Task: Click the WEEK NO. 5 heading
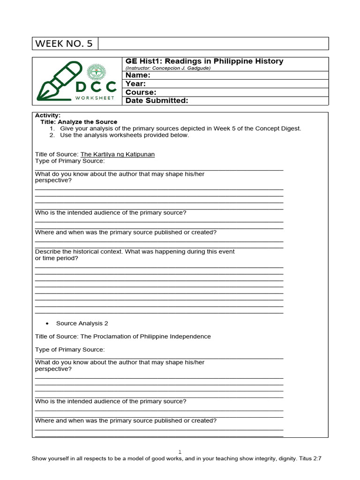coord(64,44)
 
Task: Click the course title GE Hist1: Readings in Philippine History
coord(204,61)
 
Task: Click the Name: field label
coord(138,75)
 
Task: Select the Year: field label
coord(136,83)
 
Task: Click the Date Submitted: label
coord(157,100)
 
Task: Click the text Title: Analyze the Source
coord(79,122)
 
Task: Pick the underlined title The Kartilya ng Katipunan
coord(118,154)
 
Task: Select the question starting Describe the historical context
coord(135,252)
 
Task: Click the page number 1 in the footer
coord(180,452)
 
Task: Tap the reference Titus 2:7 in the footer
coord(310,459)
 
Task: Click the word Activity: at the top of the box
coord(48,115)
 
